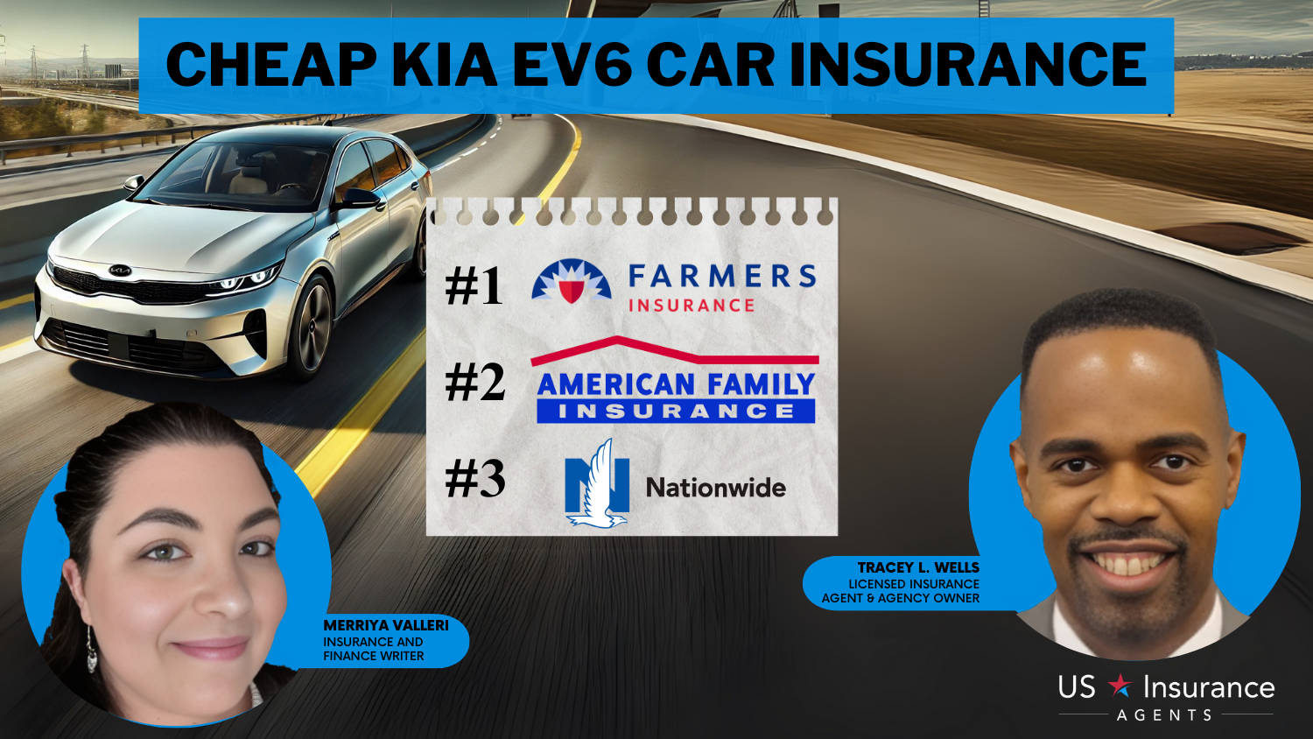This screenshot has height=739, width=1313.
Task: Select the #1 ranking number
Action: point(474,285)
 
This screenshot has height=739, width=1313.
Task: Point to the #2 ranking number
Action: point(474,383)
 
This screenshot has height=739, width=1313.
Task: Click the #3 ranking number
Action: point(474,479)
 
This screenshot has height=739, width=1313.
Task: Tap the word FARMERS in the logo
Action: point(722,276)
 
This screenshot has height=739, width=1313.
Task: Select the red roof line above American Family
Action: point(674,351)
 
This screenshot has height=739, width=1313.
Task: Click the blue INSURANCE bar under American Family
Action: point(676,412)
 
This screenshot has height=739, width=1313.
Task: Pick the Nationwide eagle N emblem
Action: point(597,484)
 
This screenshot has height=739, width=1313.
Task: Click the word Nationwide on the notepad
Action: point(716,488)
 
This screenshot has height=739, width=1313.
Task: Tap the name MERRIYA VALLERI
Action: point(386,626)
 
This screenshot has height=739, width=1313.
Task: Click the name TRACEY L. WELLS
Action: point(918,567)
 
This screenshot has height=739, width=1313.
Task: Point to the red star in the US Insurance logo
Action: point(1120,686)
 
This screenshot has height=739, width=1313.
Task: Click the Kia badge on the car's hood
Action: point(120,271)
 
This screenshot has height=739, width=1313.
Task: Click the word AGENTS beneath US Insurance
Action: point(1165,715)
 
